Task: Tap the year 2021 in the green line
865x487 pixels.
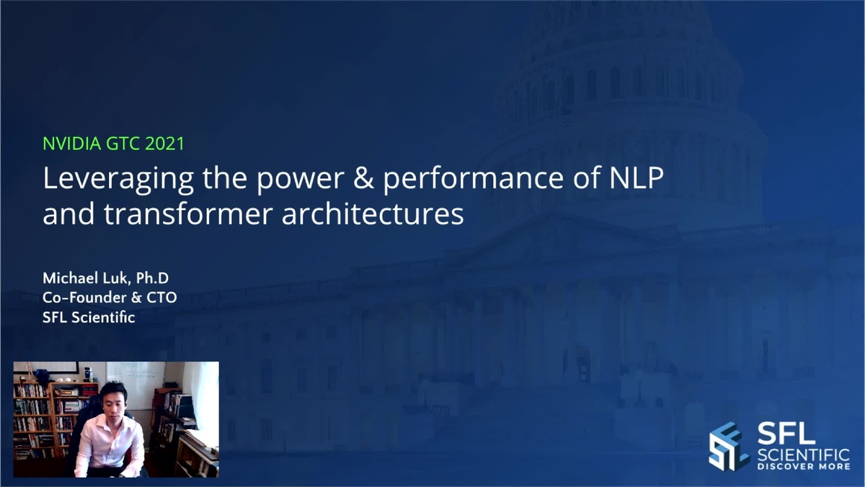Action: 165,144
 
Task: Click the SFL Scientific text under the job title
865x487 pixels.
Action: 89,316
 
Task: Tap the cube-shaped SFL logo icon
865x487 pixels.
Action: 729,445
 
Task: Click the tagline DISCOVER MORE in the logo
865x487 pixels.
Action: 803,466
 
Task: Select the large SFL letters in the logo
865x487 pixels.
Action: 786,434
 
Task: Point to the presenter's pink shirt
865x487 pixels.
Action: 110,443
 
